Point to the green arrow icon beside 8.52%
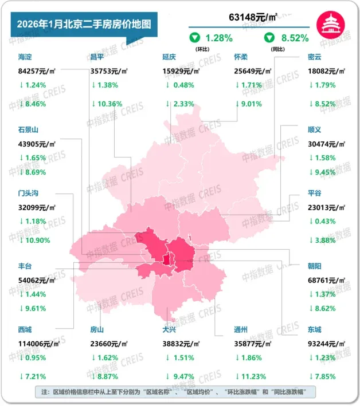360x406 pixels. (x=268, y=38)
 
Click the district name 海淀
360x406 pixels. (x=25, y=57)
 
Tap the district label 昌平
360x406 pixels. (x=98, y=57)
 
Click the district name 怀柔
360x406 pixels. (x=241, y=57)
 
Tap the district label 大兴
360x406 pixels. (x=170, y=330)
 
